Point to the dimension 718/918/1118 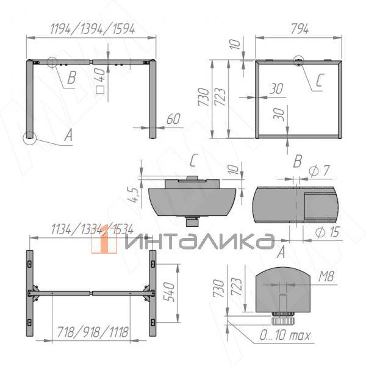coord(91,332)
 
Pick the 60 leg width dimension coord(173,120)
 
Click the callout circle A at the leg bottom coord(29,138)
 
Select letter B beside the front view coord(71,77)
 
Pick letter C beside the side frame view coord(321,79)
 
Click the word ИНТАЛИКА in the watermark coord(198,241)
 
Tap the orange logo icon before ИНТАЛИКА coord(104,240)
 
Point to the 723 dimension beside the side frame coord(226,98)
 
